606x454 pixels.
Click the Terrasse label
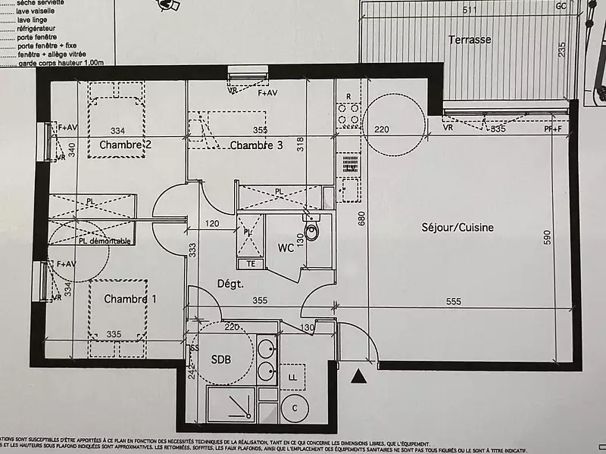tap(469, 39)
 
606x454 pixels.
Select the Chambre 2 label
tap(125, 145)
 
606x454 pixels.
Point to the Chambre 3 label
tap(256, 145)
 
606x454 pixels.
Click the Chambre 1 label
tap(130, 299)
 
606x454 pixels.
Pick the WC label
tap(286, 247)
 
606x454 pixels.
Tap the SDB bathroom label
tap(220, 359)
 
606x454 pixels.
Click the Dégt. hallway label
tap(230, 284)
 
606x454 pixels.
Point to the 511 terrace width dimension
tap(470, 11)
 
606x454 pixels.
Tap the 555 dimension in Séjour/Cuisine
tap(454, 301)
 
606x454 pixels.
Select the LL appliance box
tap(292, 376)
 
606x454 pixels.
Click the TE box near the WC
tap(250, 263)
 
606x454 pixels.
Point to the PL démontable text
tap(105, 241)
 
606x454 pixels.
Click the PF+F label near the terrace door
tap(553, 130)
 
